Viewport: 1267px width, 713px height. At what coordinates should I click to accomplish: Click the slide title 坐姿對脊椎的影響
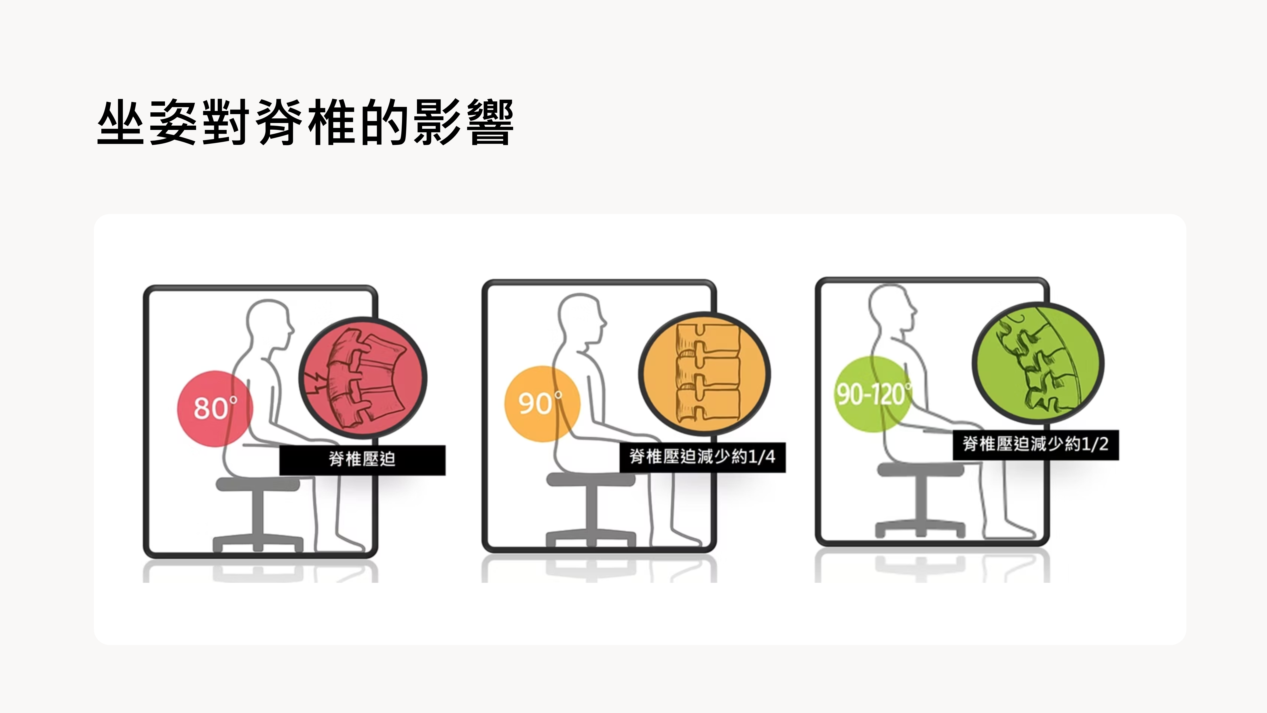(x=305, y=122)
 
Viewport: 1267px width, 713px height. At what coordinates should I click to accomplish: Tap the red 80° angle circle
(x=215, y=408)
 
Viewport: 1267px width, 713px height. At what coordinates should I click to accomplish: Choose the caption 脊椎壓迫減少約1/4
(x=702, y=457)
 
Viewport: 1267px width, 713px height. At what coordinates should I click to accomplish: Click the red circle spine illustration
(x=363, y=378)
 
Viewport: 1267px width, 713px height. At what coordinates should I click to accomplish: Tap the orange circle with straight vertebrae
(x=704, y=374)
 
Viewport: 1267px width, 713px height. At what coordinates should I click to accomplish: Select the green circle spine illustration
(x=1038, y=364)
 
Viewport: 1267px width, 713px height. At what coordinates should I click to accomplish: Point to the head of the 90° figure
(x=581, y=319)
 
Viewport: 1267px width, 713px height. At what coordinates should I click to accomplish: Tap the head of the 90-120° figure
(x=890, y=309)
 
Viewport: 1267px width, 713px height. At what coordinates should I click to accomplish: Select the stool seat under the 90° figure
(x=590, y=479)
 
